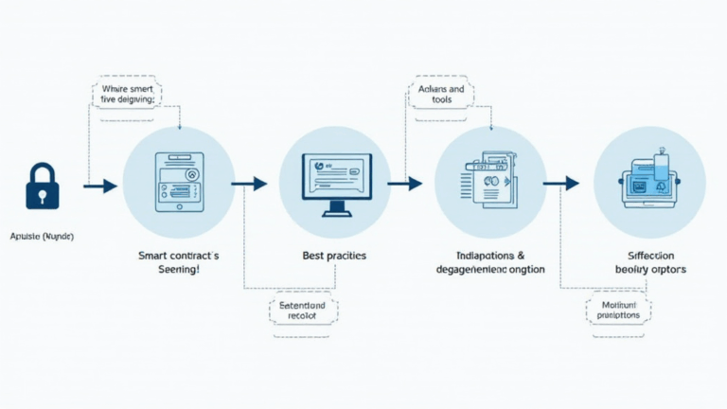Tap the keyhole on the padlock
[x=42, y=195]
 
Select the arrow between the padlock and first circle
[x=99, y=186]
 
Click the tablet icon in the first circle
[x=178, y=183]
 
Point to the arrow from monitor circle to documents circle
[x=404, y=184]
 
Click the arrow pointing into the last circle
[x=560, y=183]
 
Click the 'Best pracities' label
[x=334, y=256]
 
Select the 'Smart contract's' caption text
[x=178, y=256]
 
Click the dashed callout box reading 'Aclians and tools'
[x=441, y=94]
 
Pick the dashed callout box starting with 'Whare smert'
[x=127, y=94]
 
